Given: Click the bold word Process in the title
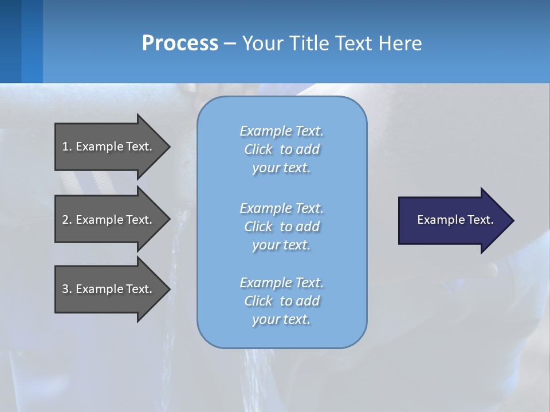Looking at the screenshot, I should pyautogui.click(x=180, y=43).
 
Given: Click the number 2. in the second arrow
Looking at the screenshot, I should pyautogui.click(x=66, y=220).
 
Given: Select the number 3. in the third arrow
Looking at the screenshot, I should pyautogui.click(x=66, y=289).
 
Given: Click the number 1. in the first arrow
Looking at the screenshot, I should pyautogui.click(x=66, y=146).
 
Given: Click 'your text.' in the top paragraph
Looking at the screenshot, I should pyautogui.click(x=281, y=168).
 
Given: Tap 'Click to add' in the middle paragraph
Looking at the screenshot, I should pyautogui.click(x=282, y=227).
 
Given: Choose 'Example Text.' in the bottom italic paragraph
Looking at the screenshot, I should pyautogui.click(x=282, y=283).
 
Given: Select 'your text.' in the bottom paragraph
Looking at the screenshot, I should pyautogui.click(x=281, y=319).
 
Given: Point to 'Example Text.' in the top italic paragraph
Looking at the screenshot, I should pyautogui.click(x=282, y=131).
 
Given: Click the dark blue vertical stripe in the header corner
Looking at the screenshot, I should pyautogui.click(x=10, y=41).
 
